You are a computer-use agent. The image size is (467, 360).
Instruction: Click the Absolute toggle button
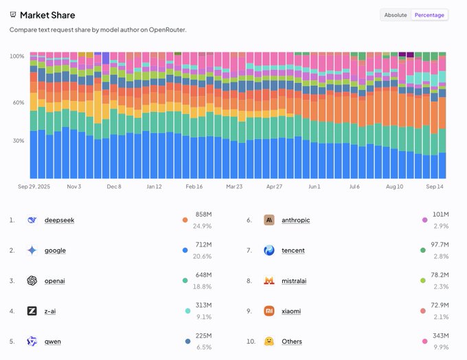[x=396, y=15]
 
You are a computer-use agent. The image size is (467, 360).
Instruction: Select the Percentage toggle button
[x=429, y=15]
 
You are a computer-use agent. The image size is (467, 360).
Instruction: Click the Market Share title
[x=47, y=15]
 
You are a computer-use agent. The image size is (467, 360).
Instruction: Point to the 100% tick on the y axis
[x=17, y=56]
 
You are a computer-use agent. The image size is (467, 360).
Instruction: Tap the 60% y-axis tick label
[x=19, y=102]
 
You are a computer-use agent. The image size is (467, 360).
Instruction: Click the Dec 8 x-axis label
[x=114, y=187]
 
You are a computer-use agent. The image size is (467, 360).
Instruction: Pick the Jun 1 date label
[x=315, y=187]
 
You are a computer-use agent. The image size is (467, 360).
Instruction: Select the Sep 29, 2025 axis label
[x=34, y=187]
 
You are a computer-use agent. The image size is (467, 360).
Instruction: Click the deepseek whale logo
[x=32, y=220]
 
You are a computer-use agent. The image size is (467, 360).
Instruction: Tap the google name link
[x=55, y=250]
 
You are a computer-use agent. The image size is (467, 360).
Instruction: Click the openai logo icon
[x=32, y=281]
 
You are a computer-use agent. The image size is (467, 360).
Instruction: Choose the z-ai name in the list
[x=50, y=311]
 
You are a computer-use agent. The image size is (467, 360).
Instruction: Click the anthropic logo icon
[x=269, y=220]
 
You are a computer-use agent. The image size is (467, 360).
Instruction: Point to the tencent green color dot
[x=422, y=250]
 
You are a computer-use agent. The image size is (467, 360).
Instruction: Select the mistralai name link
[x=294, y=281]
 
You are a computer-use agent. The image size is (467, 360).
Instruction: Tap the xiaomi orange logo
[x=269, y=311]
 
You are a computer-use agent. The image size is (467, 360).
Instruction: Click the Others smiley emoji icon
[x=269, y=341]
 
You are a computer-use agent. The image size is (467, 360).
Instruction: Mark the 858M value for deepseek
[x=204, y=214]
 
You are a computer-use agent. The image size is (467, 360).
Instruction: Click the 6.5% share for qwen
[x=204, y=347]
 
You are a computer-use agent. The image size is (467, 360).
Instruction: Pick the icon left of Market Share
[x=13, y=14]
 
